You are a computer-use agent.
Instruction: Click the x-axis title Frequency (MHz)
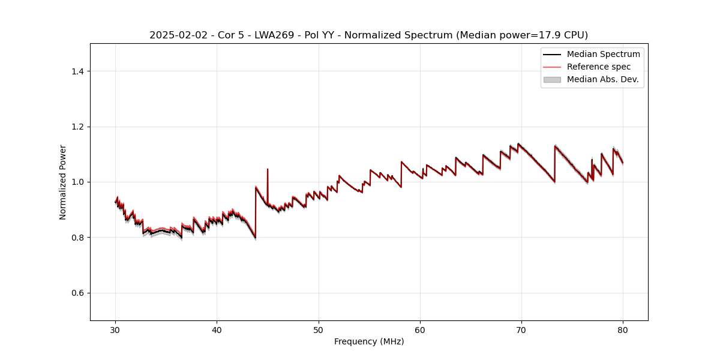tap(369, 341)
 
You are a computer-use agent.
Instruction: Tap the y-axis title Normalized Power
tap(63, 182)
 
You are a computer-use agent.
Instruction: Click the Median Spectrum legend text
tap(603, 54)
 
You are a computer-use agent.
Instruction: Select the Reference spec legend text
tap(599, 67)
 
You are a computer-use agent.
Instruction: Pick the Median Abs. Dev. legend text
tap(602, 79)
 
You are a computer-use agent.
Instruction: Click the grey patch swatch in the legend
tap(552, 79)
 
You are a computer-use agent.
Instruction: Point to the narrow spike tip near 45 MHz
tap(268, 169)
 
